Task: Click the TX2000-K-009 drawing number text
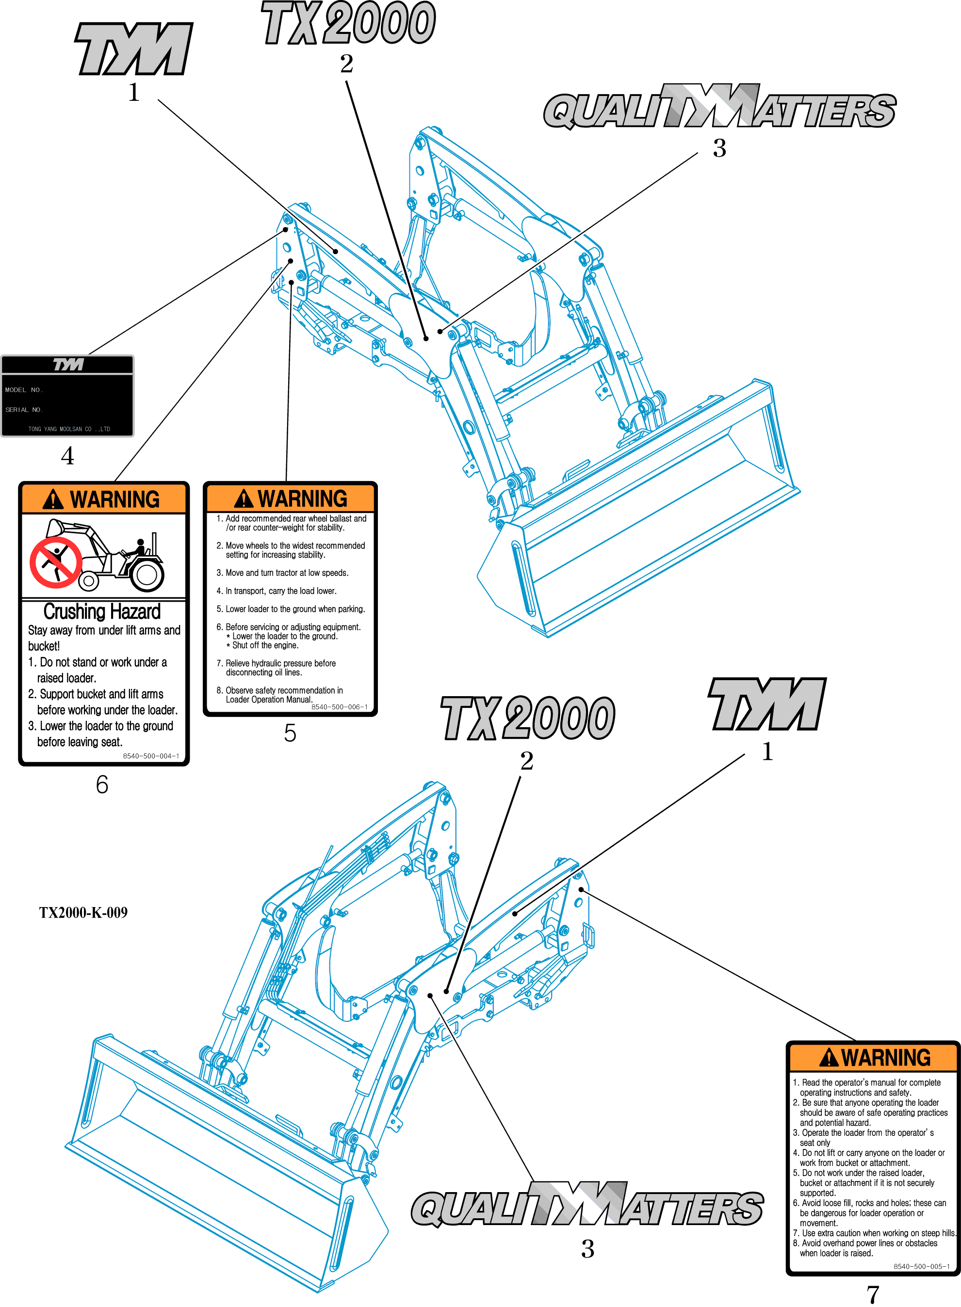83,912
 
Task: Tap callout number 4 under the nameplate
67,456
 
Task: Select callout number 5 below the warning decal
290,733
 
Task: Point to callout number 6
102,784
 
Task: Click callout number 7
873,1294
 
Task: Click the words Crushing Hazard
102,612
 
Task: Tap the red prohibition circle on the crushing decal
56,563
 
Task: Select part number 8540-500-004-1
151,756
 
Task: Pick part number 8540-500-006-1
339,707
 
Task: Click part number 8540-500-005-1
921,1266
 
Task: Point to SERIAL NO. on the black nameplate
24,410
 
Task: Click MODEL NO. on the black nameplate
24,390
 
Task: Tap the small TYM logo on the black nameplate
68,365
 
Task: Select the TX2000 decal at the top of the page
348,23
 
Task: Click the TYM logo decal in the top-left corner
134,49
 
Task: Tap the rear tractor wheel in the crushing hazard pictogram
147,574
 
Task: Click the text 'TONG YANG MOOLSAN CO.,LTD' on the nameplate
69,429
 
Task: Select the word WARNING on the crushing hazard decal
114,499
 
